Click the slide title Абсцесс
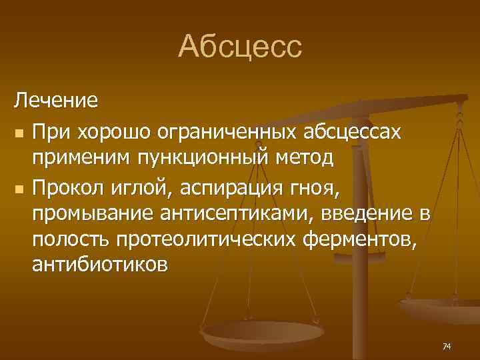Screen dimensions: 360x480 tap(240, 47)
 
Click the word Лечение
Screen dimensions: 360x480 tap(57, 101)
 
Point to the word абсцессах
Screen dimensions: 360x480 tap(353, 132)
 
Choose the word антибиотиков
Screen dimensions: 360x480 tap(101, 265)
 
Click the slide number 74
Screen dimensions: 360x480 tap(447, 346)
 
